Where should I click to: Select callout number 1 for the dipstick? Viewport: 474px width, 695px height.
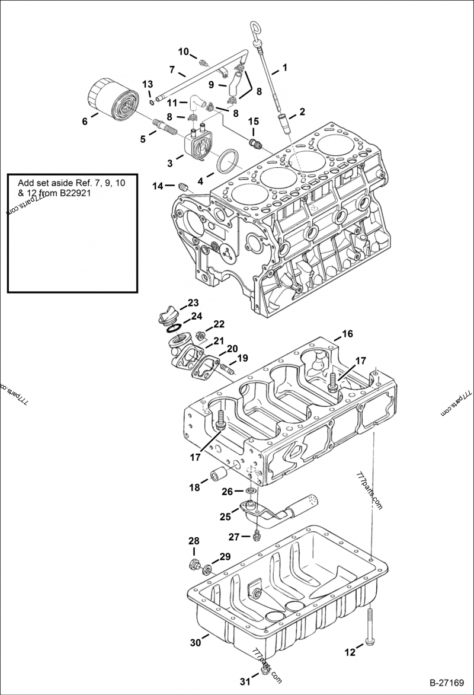click(284, 68)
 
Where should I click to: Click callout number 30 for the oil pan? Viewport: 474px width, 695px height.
click(196, 642)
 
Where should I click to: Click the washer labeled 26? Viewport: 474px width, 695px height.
click(251, 491)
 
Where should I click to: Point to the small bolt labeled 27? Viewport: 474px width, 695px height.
click(255, 536)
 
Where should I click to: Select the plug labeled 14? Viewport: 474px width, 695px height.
click(182, 187)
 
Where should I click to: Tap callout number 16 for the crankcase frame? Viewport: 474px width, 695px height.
click(347, 334)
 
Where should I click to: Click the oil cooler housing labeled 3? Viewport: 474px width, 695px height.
click(197, 143)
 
